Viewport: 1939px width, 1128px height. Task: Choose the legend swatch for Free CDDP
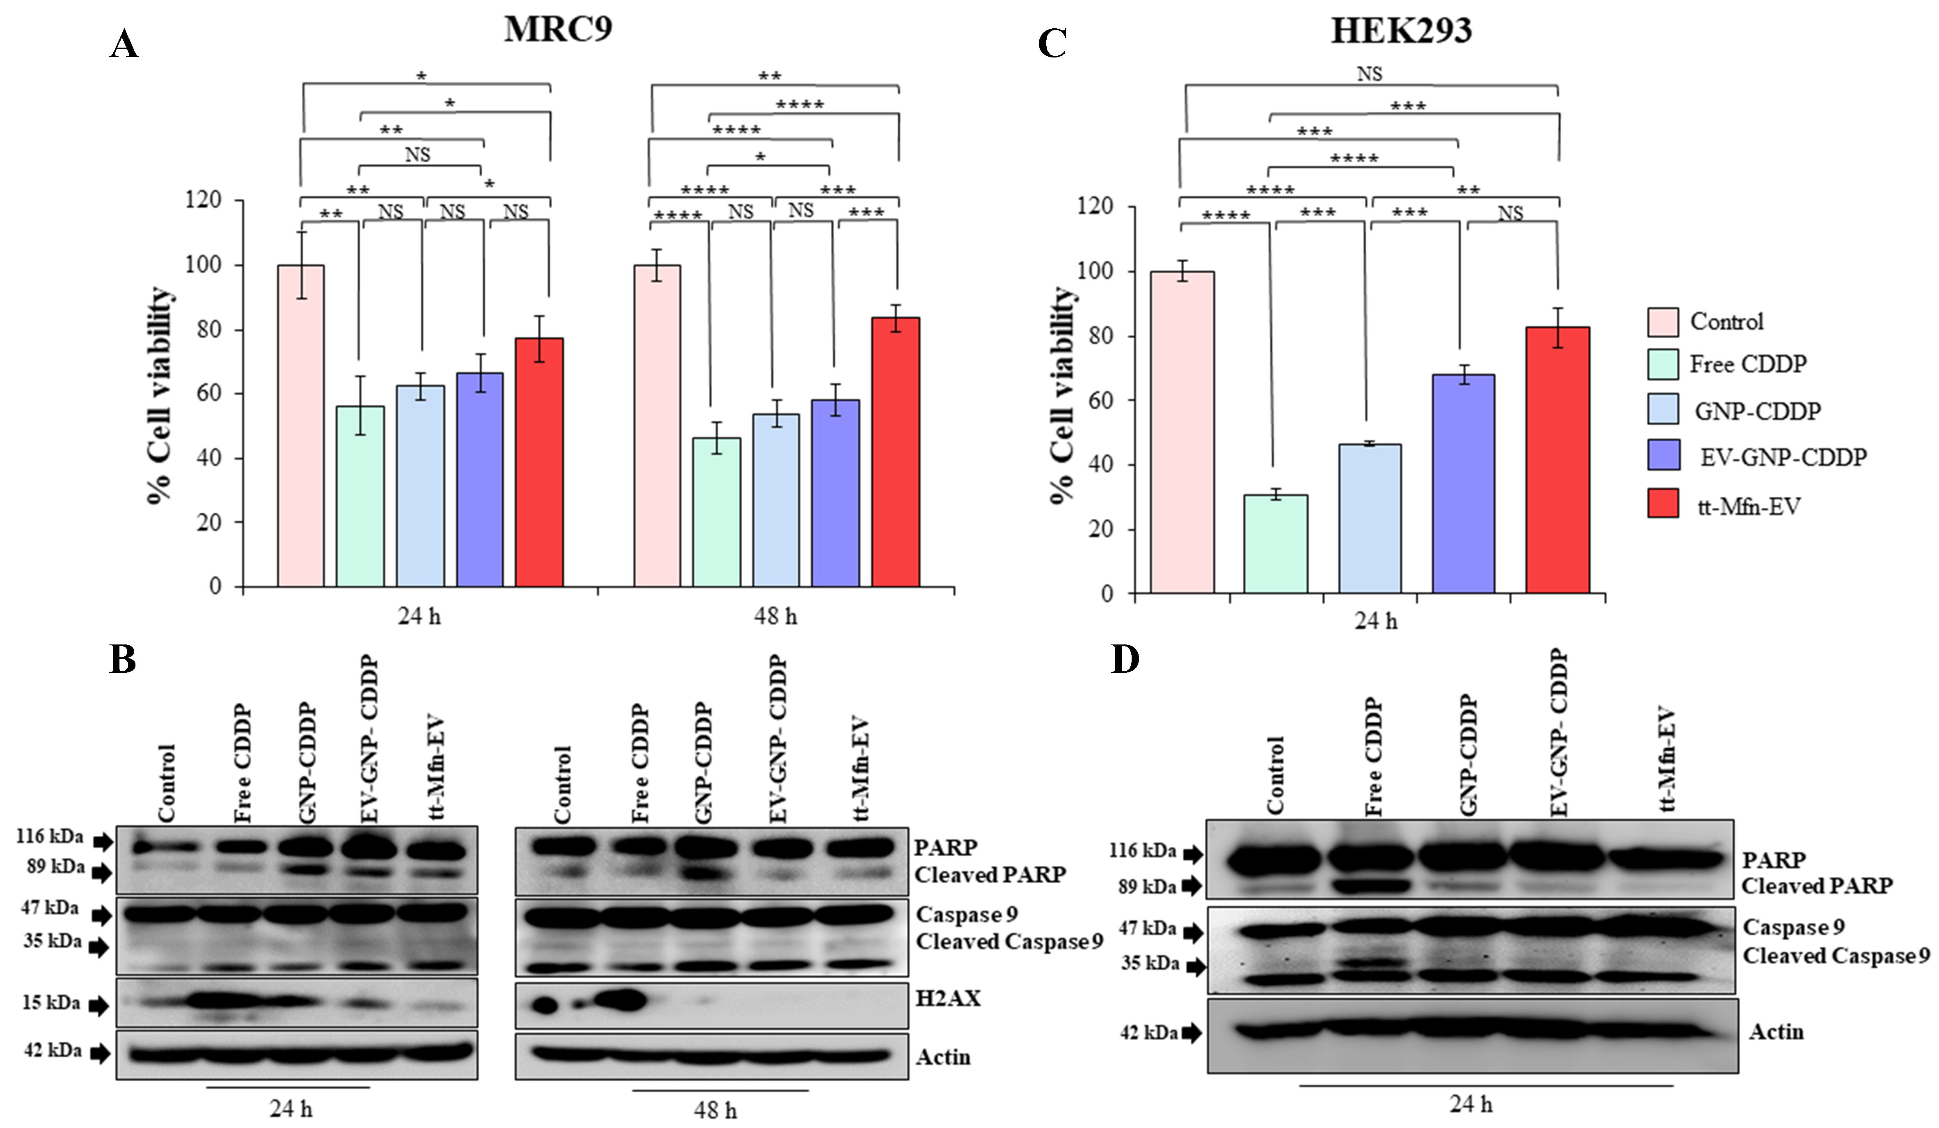[1663, 364]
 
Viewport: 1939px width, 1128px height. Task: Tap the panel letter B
[123, 659]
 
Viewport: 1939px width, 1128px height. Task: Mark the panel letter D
[1125, 659]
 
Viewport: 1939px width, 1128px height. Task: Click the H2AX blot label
[948, 999]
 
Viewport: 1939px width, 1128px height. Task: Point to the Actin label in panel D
[1776, 1032]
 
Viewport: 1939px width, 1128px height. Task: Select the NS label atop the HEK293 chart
[1370, 74]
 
